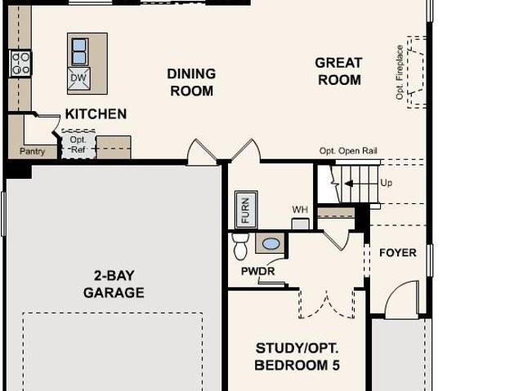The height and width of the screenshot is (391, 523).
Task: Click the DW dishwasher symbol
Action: [x=78, y=78]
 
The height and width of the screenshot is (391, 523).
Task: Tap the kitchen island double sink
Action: [x=79, y=51]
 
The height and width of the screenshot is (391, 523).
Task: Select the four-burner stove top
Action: [x=20, y=64]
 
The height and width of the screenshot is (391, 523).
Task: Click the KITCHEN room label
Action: [x=96, y=114]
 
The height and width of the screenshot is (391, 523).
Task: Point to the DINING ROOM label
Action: [x=191, y=82]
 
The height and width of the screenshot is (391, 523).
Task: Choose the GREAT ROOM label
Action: [x=339, y=71]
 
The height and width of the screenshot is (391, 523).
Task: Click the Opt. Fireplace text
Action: [x=400, y=73]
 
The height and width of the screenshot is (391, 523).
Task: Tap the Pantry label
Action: [x=33, y=151]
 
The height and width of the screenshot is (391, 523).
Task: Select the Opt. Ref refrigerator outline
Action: [x=78, y=144]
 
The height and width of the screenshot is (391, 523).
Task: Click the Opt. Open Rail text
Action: [x=348, y=151]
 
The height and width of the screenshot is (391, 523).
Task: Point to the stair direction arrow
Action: [x=349, y=184]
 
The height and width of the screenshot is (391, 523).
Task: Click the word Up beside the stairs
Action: [x=387, y=183]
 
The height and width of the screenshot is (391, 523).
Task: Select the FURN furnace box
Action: [x=246, y=210]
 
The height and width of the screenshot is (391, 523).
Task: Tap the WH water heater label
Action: [x=300, y=210]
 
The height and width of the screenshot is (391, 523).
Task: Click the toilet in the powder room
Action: [x=240, y=247]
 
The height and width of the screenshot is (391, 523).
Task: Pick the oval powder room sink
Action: [x=270, y=244]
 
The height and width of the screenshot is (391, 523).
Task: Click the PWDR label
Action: [x=258, y=272]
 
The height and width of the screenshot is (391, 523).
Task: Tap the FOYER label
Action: [x=398, y=253]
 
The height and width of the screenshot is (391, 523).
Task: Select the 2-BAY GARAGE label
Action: [x=114, y=284]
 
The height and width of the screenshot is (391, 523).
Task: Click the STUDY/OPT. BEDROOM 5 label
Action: [x=297, y=357]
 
